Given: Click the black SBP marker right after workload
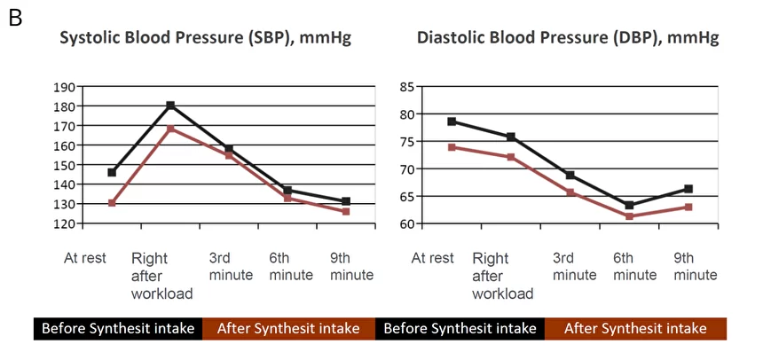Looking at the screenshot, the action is point(170,106).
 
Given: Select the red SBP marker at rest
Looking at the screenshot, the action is point(112,203).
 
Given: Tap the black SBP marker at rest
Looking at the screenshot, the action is point(112,172).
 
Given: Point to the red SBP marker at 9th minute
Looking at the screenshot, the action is point(346,211).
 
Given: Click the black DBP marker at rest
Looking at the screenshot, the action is point(452,121).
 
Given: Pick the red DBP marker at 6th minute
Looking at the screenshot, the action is point(629,216).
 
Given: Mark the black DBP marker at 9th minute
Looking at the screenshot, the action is point(688,189).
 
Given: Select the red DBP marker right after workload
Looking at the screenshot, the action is point(511,157).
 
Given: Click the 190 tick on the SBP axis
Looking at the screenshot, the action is point(65,88).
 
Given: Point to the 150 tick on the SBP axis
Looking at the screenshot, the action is point(65,166).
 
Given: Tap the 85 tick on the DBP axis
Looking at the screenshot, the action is point(407,88).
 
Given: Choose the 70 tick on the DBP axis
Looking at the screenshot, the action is point(407,169).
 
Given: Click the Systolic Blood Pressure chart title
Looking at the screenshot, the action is point(205,38).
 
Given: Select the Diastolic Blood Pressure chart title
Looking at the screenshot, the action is point(568,38).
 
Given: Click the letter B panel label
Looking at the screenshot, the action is point(15,19).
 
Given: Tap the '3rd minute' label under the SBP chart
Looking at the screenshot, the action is point(232,267).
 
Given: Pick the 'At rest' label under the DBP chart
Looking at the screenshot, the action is point(433,258).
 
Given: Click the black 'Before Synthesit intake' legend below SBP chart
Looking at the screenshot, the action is point(118,328).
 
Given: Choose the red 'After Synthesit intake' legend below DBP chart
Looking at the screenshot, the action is point(635,328).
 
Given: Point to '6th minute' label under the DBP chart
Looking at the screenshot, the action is point(634,267).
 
